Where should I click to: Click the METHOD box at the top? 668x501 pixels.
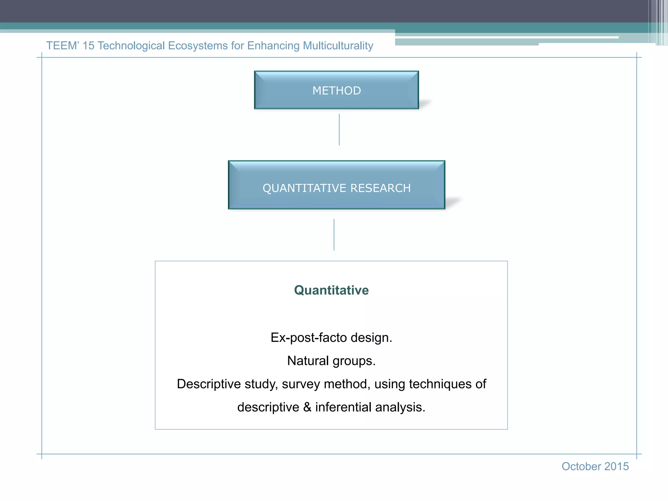[x=336, y=90]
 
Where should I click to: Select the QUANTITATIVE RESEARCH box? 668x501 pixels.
[x=336, y=185]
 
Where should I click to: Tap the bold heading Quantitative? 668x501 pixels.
[x=331, y=290]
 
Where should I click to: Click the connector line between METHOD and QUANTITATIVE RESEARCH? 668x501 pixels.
[x=339, y=129]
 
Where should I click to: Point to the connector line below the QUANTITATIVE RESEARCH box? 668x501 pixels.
[x=334, y=235]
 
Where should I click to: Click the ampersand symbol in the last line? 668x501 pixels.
[x=307, y=407]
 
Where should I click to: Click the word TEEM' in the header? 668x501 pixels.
[x=63, y=46]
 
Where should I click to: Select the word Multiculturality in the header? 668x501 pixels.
[x=338, y=46]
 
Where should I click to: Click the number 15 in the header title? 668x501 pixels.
[x=88, y=46]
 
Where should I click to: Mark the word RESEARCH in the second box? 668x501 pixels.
[x=380, y=188]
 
